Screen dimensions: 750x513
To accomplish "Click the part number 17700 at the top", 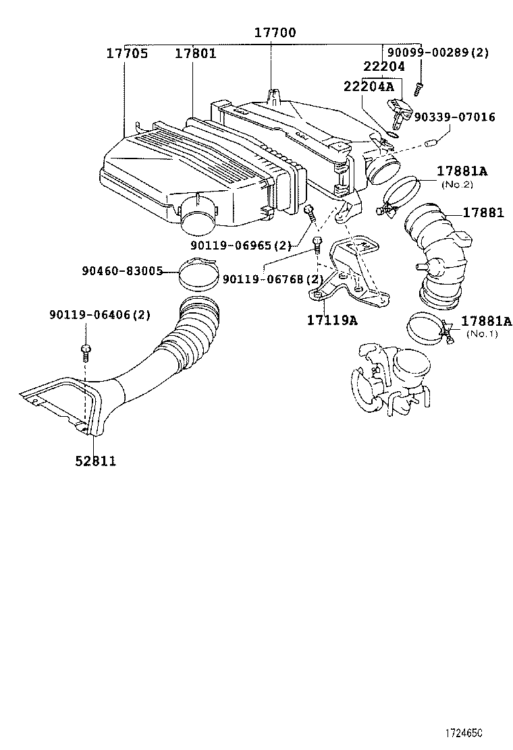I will [275, 32].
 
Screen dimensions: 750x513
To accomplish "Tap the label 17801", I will [196, 53].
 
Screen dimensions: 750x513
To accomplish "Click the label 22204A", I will [369, 86].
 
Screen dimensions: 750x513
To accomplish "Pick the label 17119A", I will [332, 320].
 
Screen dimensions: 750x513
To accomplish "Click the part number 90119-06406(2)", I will [99, 315].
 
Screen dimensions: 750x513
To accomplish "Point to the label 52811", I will [95, 461].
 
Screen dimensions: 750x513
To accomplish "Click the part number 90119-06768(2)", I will [271, 279].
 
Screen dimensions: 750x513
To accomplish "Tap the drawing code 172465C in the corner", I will [466, 732].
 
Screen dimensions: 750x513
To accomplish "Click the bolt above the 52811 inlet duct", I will [86, 349].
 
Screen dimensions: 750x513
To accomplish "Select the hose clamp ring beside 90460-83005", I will [198, 274].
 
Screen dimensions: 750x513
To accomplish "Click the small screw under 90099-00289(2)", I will [419, 86].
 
